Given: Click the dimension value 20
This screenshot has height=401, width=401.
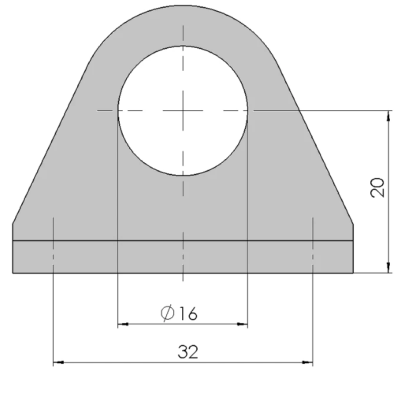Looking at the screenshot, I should coord(379,187).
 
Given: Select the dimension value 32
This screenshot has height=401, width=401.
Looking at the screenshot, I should coord(188,352).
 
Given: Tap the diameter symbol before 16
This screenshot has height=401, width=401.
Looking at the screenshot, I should coord(167,314).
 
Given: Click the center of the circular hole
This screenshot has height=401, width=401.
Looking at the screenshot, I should coord(183,110).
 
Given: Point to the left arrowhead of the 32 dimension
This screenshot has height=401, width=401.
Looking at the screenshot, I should coord(57,363).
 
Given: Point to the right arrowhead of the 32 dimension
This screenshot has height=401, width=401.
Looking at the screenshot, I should coord(308,363).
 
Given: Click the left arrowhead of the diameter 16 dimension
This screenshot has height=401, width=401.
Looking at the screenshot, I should coord(122,324).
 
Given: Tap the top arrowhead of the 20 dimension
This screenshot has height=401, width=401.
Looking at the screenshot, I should coord(389,114).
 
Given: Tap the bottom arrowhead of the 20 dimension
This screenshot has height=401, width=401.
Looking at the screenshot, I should coord(389,269).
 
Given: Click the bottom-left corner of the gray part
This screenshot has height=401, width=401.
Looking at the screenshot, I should coord(13,273).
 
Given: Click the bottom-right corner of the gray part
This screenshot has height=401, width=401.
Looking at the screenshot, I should coord(353,273).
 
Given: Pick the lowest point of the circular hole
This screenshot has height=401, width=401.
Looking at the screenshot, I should coord(183,176).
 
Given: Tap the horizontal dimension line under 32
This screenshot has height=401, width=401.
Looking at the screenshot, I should coord(118,363).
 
